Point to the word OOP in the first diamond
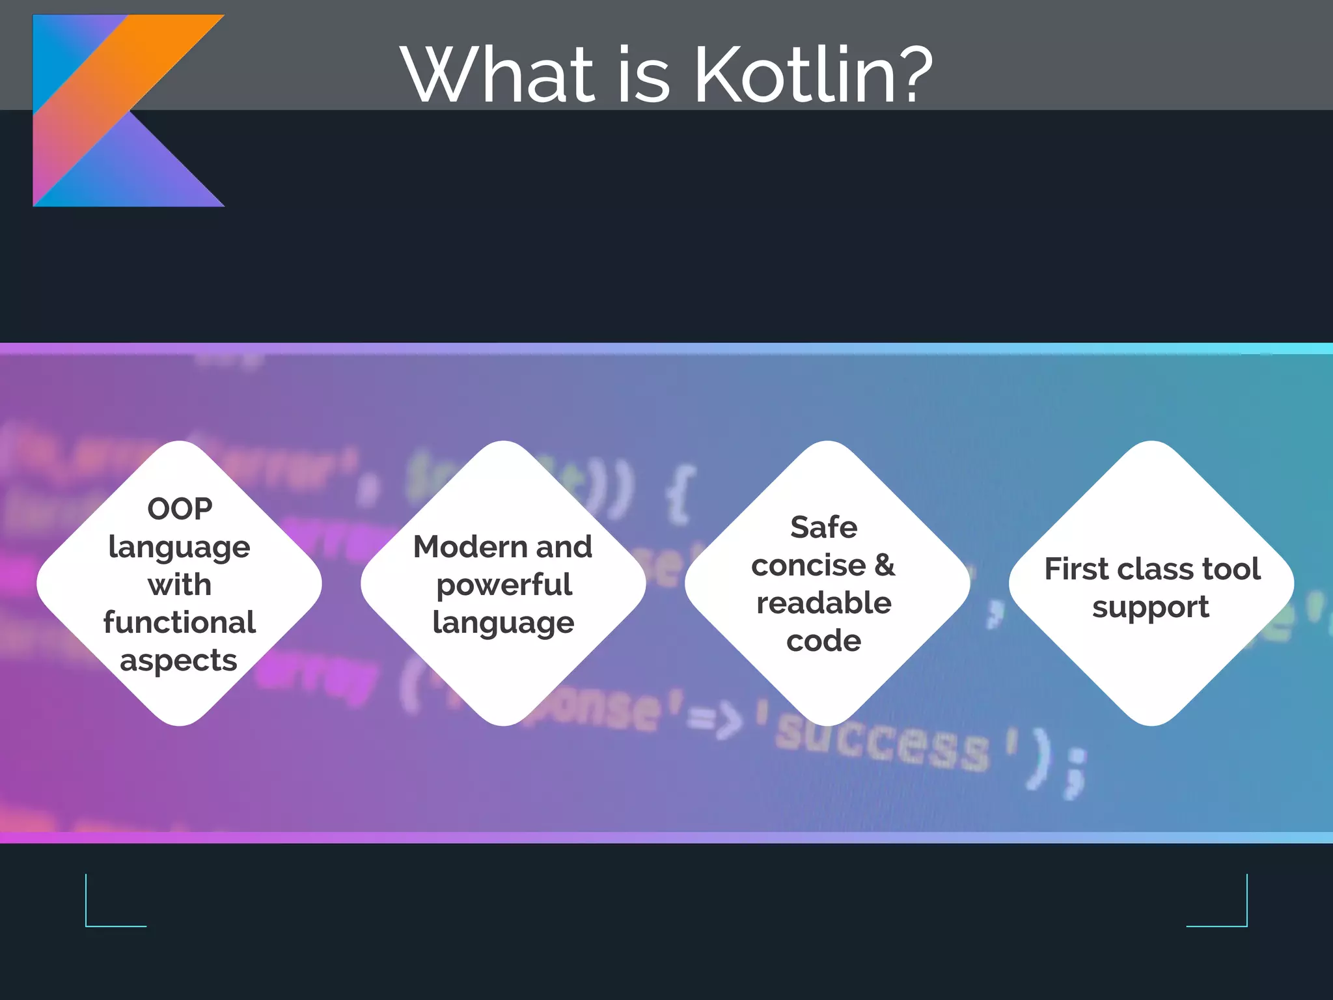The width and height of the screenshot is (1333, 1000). pyautogui.click(x=180, y=508)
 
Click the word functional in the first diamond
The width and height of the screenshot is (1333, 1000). pyautogui.click(x=180, y=622)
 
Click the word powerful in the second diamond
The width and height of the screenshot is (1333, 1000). pyautogui.click(x=504, y=585)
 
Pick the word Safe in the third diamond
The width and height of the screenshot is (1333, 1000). pyautogui.click(x=823, y=527)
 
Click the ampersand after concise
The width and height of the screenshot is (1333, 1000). pyautogui.click(x=884, y=565)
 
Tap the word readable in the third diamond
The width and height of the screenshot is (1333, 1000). pyautogui.click(x=823, y=603)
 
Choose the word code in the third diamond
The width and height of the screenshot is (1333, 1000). pyautogui.click(x=823, y=641)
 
